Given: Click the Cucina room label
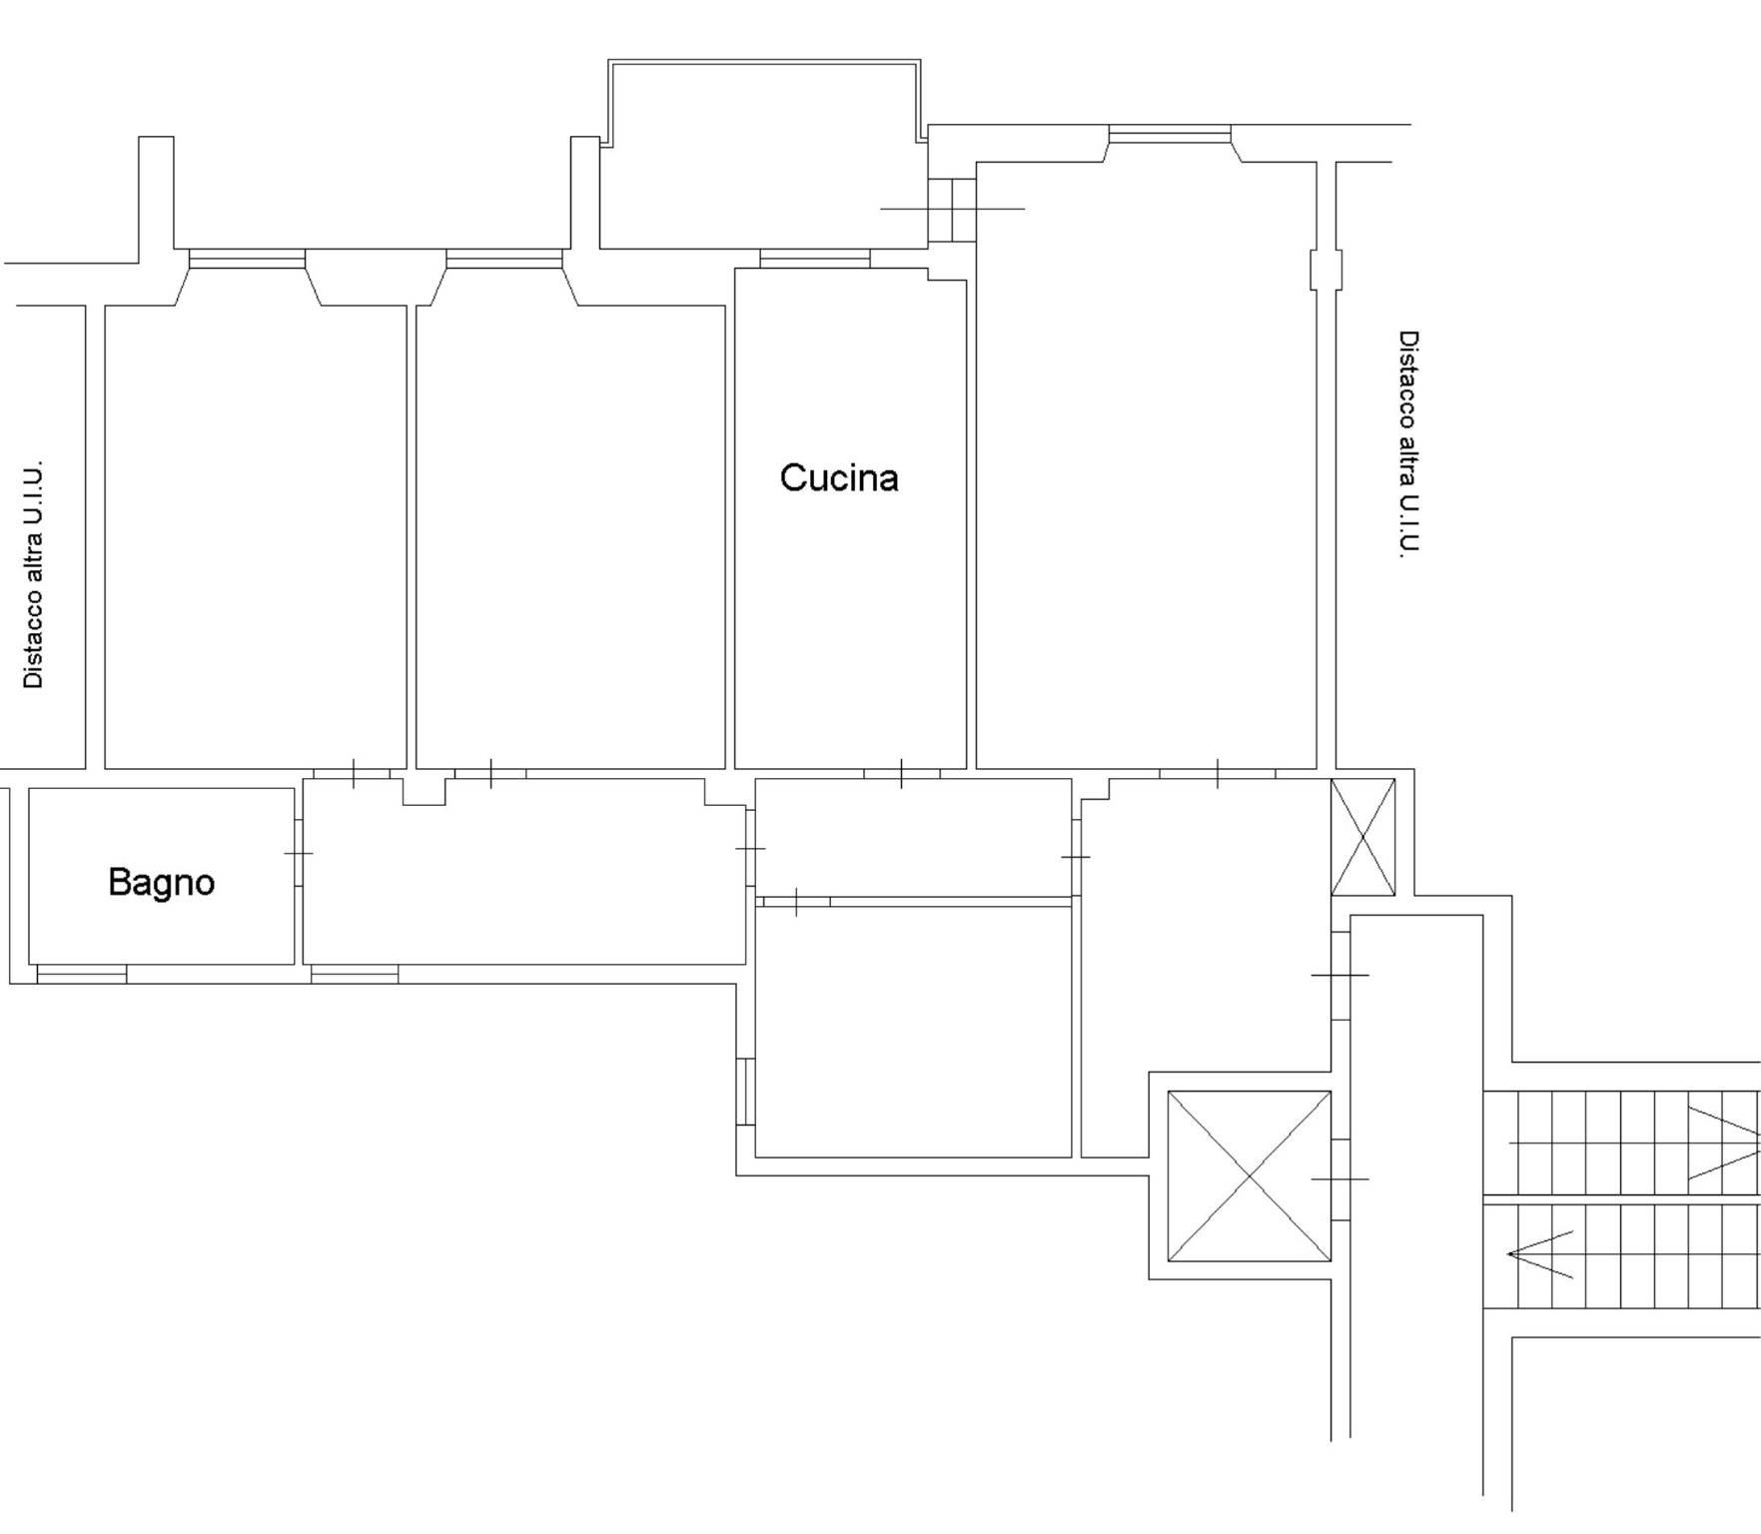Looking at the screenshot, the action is tap(839, 478).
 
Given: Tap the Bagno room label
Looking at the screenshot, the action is tap(161, 883).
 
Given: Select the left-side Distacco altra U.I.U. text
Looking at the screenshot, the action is tap(33, 574).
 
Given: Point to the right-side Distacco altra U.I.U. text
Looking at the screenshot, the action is tap(1407, 443).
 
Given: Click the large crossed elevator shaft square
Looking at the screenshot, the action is tap(1249, 1175).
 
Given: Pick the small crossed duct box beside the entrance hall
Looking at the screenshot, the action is tap(1362, 837).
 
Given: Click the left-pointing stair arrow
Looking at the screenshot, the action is tap(1539, 1253).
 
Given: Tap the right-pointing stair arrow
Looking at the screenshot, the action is tap(1724, 1143).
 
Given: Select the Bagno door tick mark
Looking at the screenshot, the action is tap(299, 853).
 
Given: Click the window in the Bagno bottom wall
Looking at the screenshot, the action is tap(82, 974).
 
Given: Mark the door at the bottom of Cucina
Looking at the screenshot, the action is tap(902, 773).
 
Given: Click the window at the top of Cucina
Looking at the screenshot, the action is tap(815, 259).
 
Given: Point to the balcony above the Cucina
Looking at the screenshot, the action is tap(764, 155).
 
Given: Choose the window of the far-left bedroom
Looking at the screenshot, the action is tap(247, 259).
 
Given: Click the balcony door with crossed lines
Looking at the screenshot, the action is tap(952, 209).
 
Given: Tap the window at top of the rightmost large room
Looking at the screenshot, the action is tap(1170, 134).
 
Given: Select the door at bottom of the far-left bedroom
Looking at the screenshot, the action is tap(353, 773).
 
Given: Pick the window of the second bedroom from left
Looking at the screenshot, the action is tap(504, 259).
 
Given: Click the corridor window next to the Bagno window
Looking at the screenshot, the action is tap(355, 974).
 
